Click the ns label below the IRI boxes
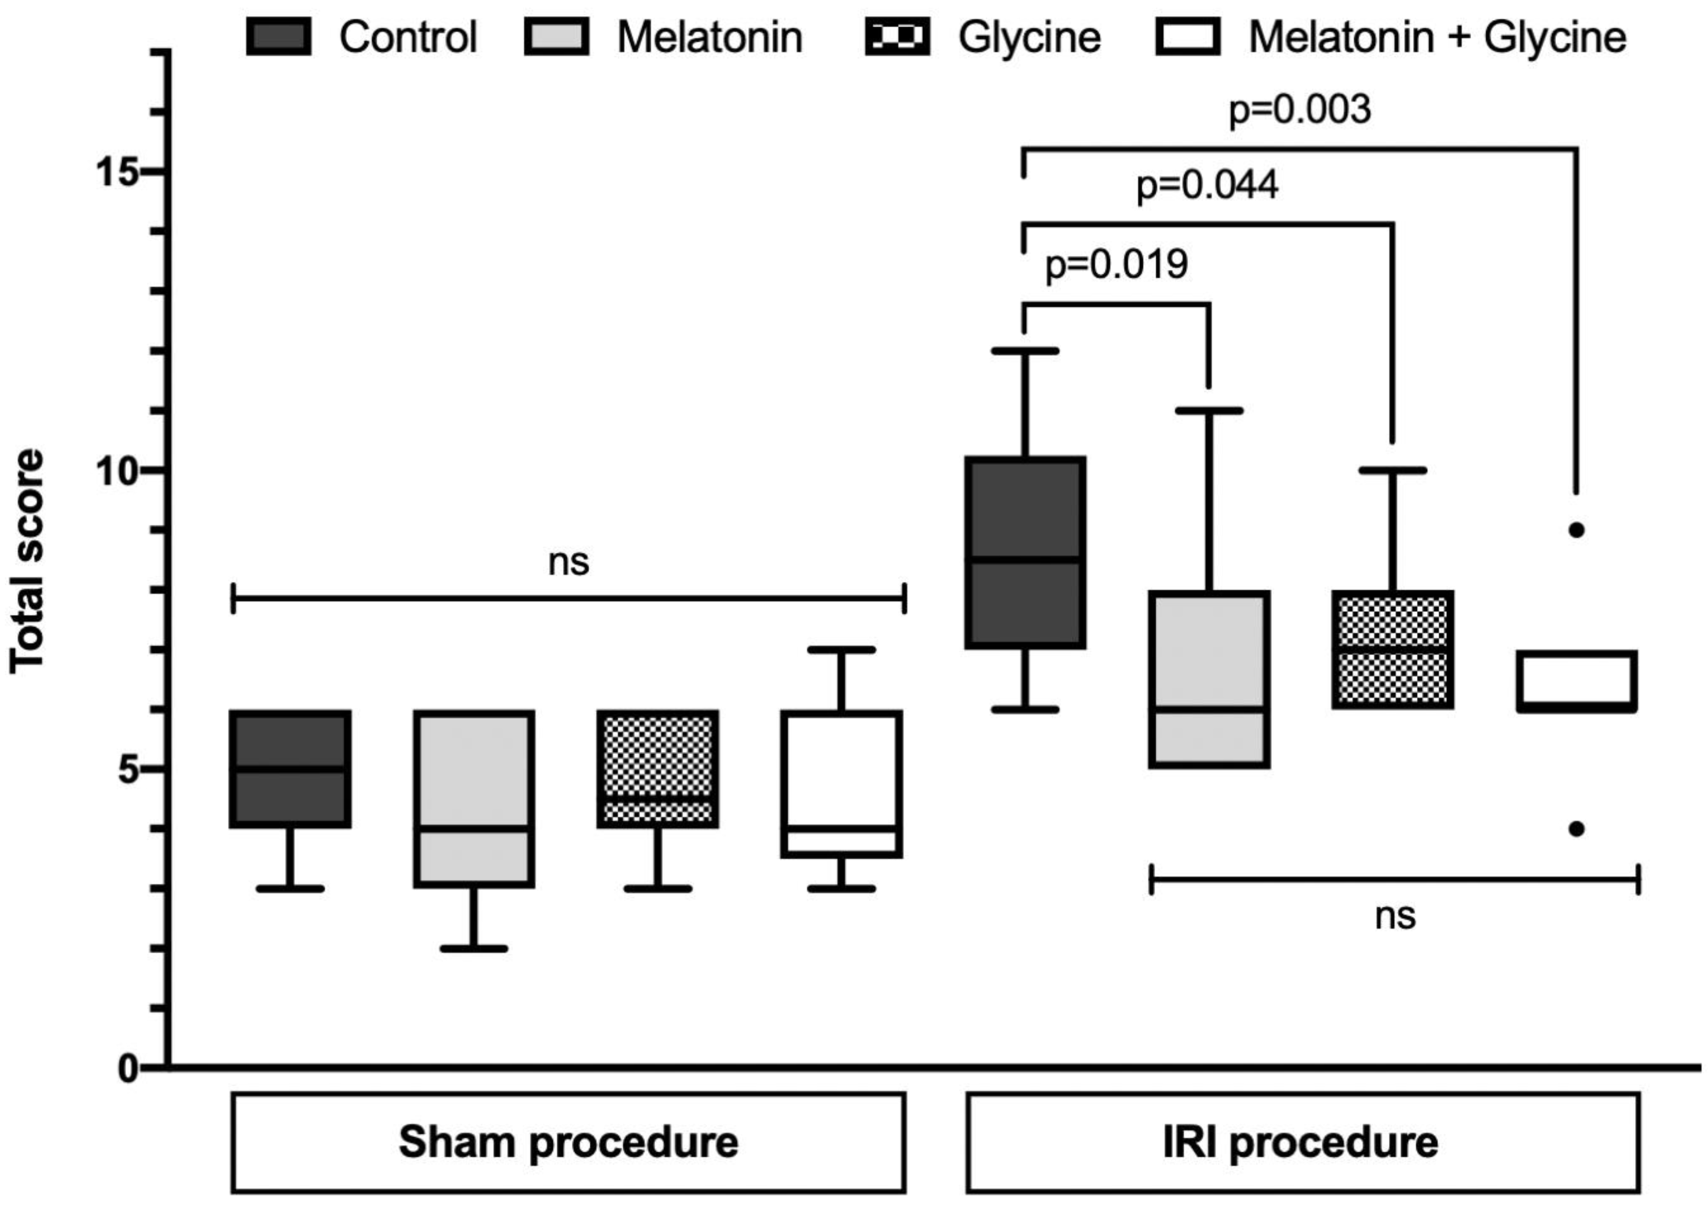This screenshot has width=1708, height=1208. pyautogui.click(x=1395, y=916)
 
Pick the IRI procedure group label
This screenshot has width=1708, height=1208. pyautogui.click(x=1301, y=1143)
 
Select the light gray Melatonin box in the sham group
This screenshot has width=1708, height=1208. pyautogui.click(x=474, y=798)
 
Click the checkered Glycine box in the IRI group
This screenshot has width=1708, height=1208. pyautogui.click(x=1393, y=649)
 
